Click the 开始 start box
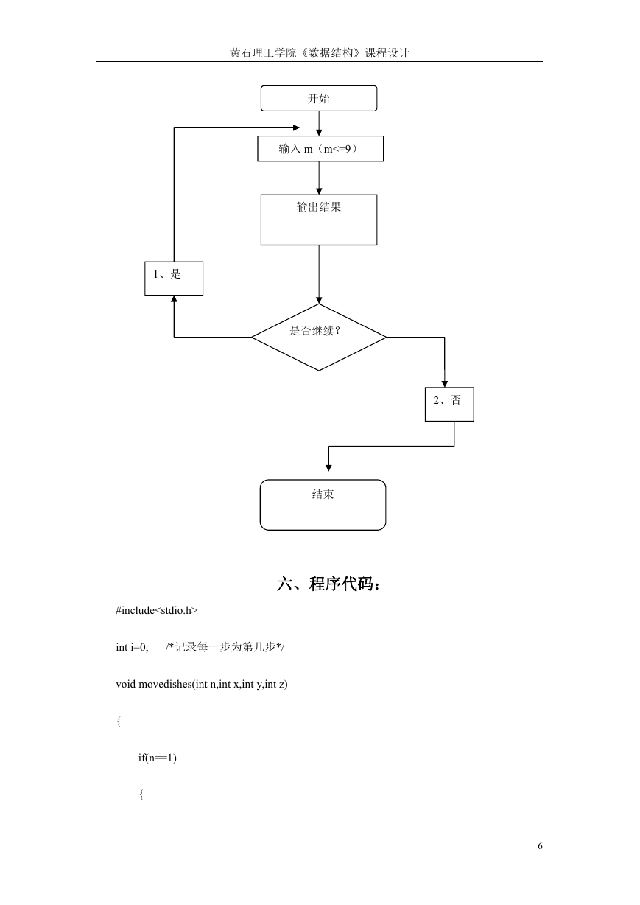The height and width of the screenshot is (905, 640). [x=319, y=98]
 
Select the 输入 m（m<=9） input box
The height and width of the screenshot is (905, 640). [x=320, y=149]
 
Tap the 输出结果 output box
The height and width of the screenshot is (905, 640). [x=319, y=220]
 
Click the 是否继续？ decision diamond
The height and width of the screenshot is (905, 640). [x=319, y=337]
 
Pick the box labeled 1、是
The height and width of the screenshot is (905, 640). [x=174, y=279]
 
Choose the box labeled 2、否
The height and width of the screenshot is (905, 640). [x=449, y=404]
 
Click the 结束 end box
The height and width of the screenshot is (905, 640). [x=323, y=505]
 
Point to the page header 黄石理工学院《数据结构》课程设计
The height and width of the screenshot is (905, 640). [x=320, y=53]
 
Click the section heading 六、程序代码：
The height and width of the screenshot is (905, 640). [x=328, y=584]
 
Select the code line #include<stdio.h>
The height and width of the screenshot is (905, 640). [x=157, y=610]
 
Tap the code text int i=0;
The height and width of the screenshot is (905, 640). [x=132, y=647]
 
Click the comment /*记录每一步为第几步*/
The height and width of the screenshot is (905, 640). [x=225, y=647]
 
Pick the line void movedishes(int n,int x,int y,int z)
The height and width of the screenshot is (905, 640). [x=202, y=684]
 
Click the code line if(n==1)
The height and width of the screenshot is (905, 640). [x=158, y=758]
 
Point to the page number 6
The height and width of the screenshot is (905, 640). [x=540, y=846]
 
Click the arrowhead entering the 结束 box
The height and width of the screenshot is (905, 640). [x=328, y=468]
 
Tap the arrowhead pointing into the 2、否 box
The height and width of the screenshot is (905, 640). [x=445, y=384]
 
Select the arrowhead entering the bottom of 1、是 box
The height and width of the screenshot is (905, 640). [x=174, y=298]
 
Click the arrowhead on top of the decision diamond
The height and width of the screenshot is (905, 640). [x=319, y=301]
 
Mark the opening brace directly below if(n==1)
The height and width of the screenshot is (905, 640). [x=141, y=794]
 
